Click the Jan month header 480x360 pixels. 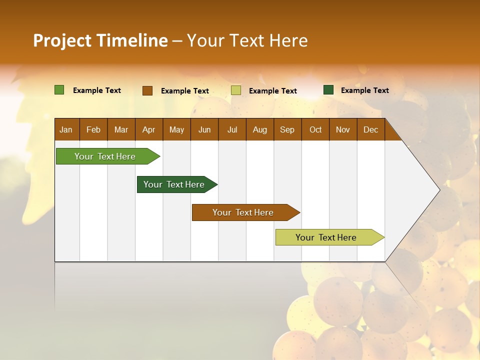click(x=66, y=129)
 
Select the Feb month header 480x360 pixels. click(x=93, y=129)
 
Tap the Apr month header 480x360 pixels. click(x=148, y=129)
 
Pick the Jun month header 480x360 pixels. click(x=204, y=129)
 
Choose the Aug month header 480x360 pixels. click(x=259, y=129)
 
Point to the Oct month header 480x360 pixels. click(x=315, y=129)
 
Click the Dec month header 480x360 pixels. click(x=370, y=129)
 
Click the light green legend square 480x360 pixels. click(x=59, y=90)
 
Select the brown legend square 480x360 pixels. click(x=147, y=90)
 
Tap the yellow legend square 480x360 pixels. click(x=236, y=90)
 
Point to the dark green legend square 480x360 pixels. click(x=328, y=90)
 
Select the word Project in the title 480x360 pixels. click(x=62, y=40)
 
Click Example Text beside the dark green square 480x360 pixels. click(x=364, y=90)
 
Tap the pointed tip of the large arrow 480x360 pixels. click(x=438, y=189)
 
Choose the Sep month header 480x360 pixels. click(x=287, y=129)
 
